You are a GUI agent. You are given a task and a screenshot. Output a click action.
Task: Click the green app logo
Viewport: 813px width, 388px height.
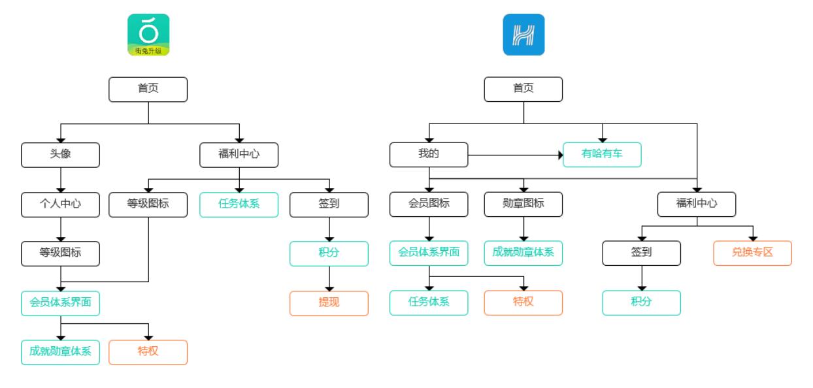click(x=148, y=35)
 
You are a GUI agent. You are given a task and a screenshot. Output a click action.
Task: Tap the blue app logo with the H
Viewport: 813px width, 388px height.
click(x=523, y=35)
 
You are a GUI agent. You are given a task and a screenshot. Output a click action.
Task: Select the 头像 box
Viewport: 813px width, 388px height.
click(x=61, y=155)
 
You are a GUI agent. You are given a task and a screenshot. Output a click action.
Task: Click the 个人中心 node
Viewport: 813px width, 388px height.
click(x=61, y=204)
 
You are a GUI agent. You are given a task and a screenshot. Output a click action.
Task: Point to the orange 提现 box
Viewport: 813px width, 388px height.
click(x=329, y=303)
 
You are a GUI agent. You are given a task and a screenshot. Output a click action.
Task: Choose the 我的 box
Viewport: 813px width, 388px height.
click(x=429, y=155)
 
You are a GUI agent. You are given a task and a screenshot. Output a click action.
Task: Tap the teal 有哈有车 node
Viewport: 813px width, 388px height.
click(x=602, y=155)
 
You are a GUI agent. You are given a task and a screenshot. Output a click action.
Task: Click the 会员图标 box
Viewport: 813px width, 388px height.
click(x=429, y=204)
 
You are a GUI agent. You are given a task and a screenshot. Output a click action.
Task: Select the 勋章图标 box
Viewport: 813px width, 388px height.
click(x=523, y=204)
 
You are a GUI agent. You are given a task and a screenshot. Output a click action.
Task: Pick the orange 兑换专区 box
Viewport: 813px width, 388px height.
click(x=752, y=253)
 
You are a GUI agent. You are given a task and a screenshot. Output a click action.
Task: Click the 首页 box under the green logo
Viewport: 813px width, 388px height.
click(x=148, y=89)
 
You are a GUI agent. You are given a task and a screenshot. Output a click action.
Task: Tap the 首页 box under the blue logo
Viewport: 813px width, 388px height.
click(x=523, y=89)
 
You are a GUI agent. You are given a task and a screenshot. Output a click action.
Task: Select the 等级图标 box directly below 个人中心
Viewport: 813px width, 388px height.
click(x=61, y=253)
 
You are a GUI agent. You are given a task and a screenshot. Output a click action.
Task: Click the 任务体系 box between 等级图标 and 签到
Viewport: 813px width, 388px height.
click(x=239, y=204)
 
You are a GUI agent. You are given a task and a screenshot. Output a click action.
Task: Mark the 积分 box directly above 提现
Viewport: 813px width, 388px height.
click(x=329, y=253)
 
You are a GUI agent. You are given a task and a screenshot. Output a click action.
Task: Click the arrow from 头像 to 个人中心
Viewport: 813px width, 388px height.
click(x=61, y=180)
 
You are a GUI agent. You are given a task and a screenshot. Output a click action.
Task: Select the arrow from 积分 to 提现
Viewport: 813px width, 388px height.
click(x=329, y=278)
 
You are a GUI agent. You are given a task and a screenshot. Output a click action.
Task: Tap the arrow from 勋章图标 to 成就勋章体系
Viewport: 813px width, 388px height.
click(x=523, y=229)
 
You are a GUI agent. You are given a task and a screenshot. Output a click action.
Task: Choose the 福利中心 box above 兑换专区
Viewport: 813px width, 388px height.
click(x=697, y=204)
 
